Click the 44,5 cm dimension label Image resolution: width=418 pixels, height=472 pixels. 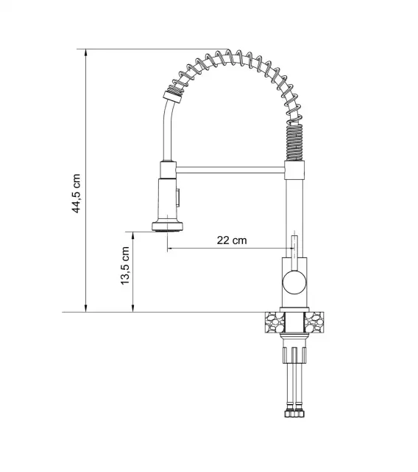click(77, 193)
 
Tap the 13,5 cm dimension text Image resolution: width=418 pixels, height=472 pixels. click(124, 265)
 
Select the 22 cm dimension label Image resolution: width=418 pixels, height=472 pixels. click(232, 240)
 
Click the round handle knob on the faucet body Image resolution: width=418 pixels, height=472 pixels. click(295, 282)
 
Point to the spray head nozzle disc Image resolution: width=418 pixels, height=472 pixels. click(167, 226)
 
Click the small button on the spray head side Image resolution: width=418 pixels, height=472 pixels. click(177, 198)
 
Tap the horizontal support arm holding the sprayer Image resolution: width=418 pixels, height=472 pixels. click(230, 170)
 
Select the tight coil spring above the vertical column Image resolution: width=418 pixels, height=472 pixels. click(295, 142)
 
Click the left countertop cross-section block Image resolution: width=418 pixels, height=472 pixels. click(274, 322)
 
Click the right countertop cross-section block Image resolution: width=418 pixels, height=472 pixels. click(314, 322)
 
